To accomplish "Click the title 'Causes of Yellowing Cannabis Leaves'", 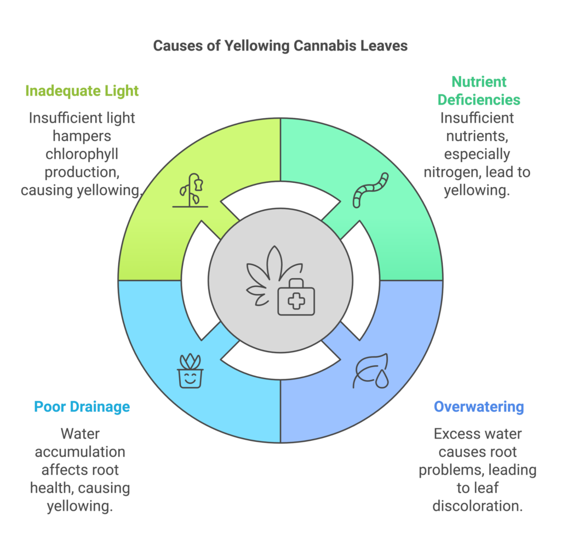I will click(x=280, y=45).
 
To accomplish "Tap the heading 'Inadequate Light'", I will click(x=82, y=91).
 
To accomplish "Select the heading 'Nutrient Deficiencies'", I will click(x=479, y=91).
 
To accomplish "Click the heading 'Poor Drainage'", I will click(x=82, y=407).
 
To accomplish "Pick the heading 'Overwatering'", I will click(x=479, y=407).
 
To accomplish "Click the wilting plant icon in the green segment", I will click(x=191, y=190).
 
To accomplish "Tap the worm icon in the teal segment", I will click(x=370, y=190).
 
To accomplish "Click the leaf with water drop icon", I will click(x=370, y=371).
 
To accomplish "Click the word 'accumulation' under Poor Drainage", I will click(x=81, y=452).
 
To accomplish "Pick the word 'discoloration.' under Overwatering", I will click(x=478, y=505).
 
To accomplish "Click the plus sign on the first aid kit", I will click(x=296, y=301).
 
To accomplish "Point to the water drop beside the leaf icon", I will click(x=382, y=381).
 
